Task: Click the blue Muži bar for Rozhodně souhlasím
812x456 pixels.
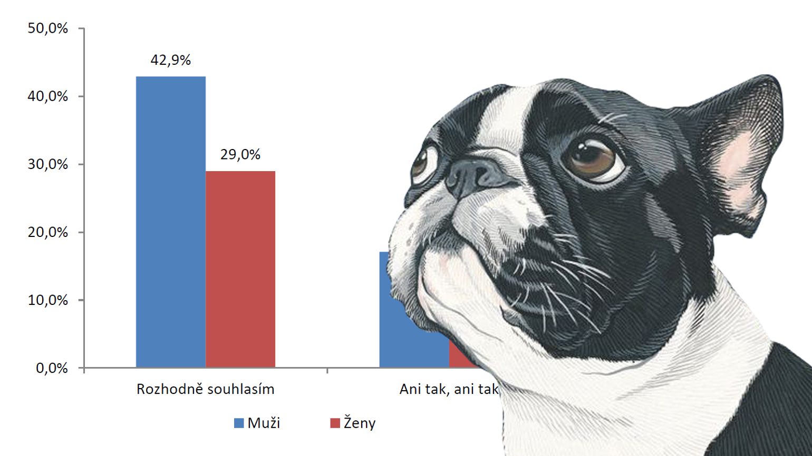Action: click(170, 221)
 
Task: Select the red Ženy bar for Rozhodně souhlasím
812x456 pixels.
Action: click(240, 269)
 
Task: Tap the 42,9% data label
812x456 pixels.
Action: click(170, 60)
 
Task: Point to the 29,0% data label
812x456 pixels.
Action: click(240, 154)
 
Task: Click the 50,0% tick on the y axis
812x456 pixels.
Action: click(48, 28)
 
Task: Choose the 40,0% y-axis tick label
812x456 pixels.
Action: click(48, 96)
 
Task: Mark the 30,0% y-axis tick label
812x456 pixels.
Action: click(48, 164)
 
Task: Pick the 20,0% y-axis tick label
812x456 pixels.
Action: click(48, 232)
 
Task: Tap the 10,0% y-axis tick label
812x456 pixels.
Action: click(48, 300)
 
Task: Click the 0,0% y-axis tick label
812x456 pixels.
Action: click(52, 368)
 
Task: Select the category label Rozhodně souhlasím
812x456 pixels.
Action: click(205, 389)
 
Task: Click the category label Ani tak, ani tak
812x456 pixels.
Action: click(449, 389)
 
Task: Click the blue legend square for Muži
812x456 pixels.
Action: click(239, 423)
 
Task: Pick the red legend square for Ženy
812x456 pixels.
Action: click(335, 423)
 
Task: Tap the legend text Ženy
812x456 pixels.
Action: click(360, 423)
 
